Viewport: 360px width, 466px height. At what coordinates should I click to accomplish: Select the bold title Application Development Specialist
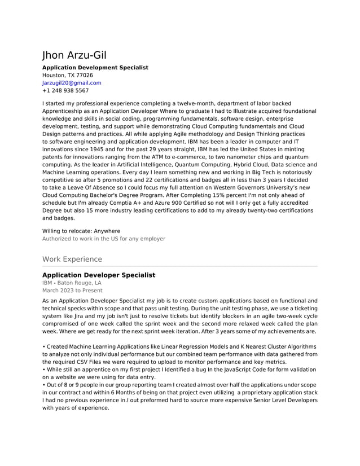click(x=95, y=68)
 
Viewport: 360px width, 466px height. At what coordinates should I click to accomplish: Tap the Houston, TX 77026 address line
click(x=68, y=75)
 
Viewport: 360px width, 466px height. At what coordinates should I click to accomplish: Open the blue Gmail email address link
click(x=72, y=83)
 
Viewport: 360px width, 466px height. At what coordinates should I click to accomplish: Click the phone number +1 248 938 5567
click(x=65, y=90)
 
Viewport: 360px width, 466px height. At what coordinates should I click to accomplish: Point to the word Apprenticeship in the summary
click(x=64, y=112)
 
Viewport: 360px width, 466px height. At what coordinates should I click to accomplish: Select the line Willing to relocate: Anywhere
click(x=81, y=231)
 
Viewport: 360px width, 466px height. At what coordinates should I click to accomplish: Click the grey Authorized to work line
click(x=104, y=239)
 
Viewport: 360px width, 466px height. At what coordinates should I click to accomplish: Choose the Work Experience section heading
click(x=72, y=260)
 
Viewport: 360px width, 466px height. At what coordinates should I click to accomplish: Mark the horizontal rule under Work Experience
click(x=180, y=266)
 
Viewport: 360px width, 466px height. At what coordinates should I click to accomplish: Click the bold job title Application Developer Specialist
click(x=99, y=275)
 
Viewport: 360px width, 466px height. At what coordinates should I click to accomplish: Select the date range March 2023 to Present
click(x=72, y=291)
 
